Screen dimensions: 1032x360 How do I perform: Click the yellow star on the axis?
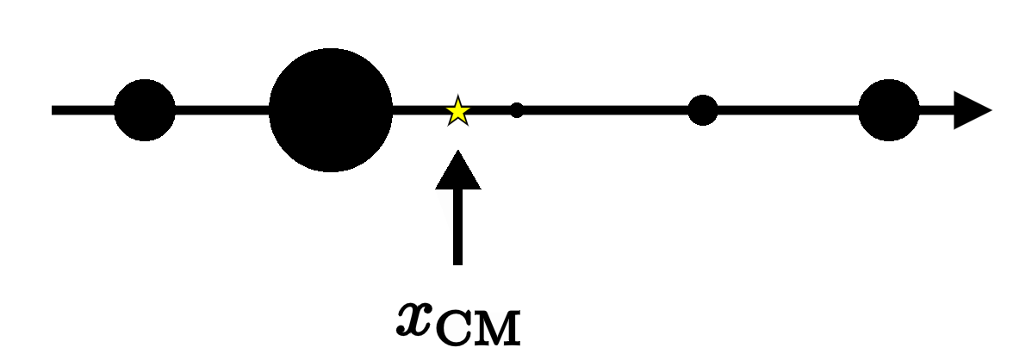pyautogui.click(x=457, y=110)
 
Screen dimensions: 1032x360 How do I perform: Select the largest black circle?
pyautogui.click(x=331, y=110)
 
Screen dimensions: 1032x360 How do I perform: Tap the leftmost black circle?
pyautogui.click(x=145, y=110)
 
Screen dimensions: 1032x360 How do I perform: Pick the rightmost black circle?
pyautogui.click(x=889, y=110)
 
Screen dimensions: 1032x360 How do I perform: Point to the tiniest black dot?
pyautogui.click(x=517, y=110)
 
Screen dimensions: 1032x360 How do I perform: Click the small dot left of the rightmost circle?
pyautogui.click(x=703, y=110)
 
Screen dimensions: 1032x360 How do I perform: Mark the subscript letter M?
pyautogui.click(x=499, y=330)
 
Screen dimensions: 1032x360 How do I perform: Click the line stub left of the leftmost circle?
pyautogui.click(x=82, y=110)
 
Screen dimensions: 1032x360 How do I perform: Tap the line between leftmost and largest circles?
pyautogui.click(x=222, y=110)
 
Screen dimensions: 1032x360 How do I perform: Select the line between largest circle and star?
pyautogui.click(x=419, y=110)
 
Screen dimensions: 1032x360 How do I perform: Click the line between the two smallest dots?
pyautogui.click(x=603, y=110)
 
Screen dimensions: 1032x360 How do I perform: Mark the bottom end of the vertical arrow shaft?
pyautogui.click(x=457, y=260)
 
